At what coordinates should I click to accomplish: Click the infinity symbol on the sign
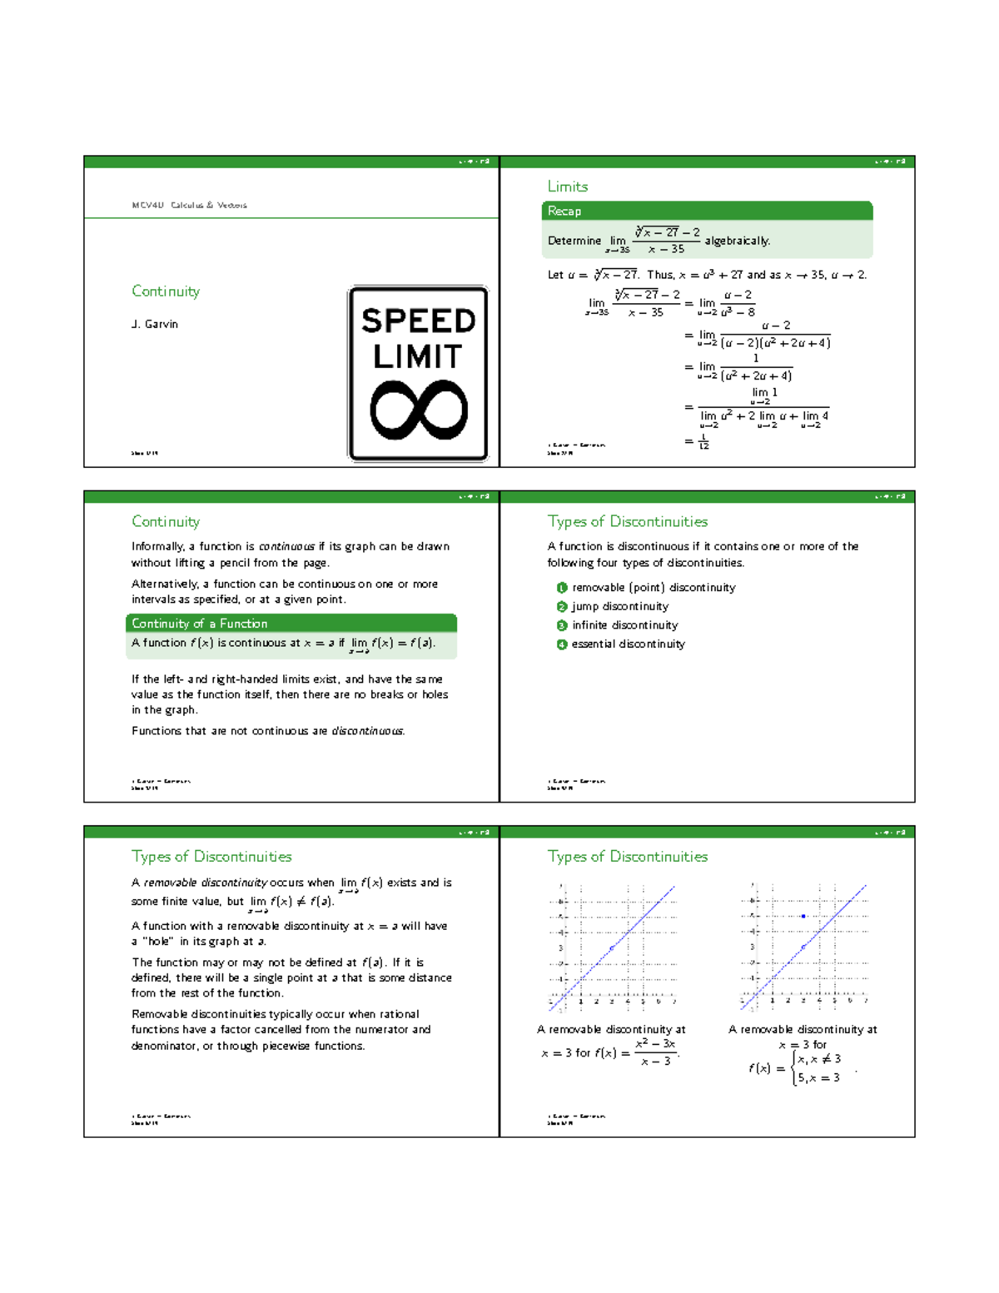(x=419, y=410)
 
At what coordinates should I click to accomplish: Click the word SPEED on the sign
(x=418, y=321)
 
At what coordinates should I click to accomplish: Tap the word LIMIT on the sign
(x=417, y=356)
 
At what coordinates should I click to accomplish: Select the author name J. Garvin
(x=155, y=324)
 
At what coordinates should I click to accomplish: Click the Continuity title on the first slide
(x=166, y=291)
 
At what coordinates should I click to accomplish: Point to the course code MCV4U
(x=147, y=205)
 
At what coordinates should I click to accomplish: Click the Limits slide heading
(x=568, y=186)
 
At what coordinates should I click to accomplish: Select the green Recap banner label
(x=564, y=211)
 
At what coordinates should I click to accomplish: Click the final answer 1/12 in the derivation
(x=703, y=441)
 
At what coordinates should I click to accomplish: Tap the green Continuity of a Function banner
(x=200, y=624)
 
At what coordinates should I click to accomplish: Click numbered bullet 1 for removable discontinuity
(x=562, y=588)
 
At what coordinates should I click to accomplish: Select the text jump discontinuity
(x=619, y=606)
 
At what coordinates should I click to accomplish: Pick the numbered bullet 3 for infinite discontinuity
(x=562, y=625)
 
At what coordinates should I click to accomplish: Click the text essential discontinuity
(x=628, y=644)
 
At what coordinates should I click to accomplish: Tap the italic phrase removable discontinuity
(x=205, y=883)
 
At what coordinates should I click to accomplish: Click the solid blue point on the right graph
(x=803, y=916)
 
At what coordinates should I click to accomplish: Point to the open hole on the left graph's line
(x=612, y=947)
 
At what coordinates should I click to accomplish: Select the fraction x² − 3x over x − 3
(x=655, y=1052)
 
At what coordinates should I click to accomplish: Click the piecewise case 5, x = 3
(x=818, y=1078)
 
